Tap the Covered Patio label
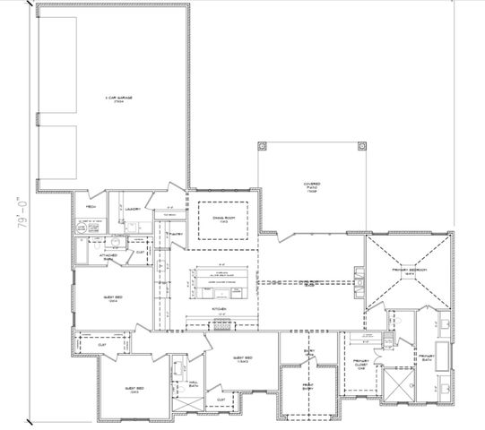click(x=311, y=188)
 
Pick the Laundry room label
click(x=133, y=209)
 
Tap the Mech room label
click(x=91, y=207)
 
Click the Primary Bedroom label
click(x=408, y=270)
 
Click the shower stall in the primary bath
click(x=394, y=385)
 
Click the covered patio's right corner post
click(x=361, y=145)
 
